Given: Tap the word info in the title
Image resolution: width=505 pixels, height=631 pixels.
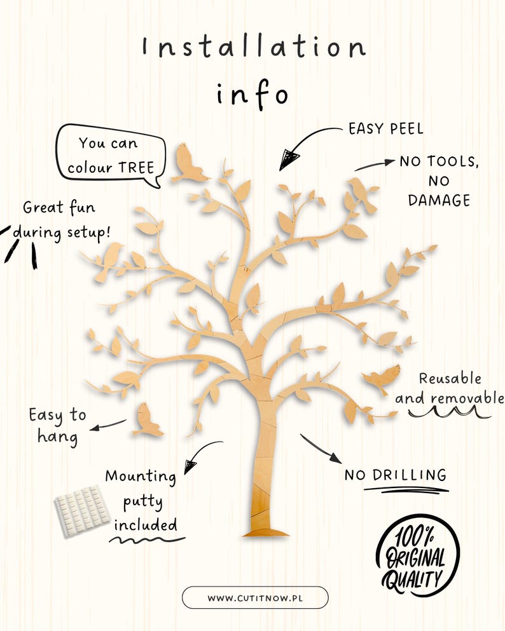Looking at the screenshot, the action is point(253,95).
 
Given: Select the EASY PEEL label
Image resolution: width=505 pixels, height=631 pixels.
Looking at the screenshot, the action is point(386,129).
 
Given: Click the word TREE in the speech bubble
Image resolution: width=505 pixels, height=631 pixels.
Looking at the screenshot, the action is point(137,167).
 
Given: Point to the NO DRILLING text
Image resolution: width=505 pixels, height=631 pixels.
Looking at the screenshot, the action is point(396,475).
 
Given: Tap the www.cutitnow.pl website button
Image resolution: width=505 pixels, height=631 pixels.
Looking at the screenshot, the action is point(255,597).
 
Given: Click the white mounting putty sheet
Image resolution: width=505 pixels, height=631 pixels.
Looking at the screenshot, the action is point(82,511).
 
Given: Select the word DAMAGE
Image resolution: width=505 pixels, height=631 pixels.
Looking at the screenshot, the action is point(439,200).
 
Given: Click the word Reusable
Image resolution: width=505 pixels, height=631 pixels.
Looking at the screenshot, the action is point(450,378).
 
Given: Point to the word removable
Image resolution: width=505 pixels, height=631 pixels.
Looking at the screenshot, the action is point(467,398).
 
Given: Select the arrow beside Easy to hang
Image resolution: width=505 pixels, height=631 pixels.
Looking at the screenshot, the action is point(108,425).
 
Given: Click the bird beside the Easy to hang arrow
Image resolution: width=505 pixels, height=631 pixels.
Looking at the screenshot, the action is point(148,421).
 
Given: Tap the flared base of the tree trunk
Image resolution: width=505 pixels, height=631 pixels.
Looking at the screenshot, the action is point(266,533).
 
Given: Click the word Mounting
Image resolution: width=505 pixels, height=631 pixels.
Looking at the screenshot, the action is point(141,477).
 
